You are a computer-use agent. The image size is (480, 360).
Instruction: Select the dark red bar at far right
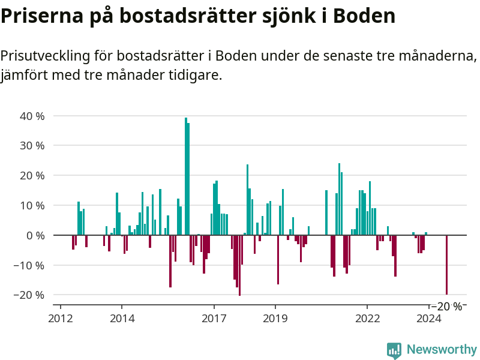point(446,265)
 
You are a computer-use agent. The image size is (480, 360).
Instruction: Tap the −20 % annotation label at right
point(446,306)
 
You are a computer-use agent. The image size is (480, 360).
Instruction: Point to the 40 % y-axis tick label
point(32,116)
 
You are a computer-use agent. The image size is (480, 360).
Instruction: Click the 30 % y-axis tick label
point(32,146)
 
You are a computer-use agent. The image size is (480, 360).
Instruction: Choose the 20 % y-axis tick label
point(32,176)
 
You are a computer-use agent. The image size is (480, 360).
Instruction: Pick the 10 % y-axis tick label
point(32,205)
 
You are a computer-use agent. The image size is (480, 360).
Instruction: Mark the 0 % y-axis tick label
point(35,235)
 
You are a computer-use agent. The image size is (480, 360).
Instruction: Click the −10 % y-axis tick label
point(28,265)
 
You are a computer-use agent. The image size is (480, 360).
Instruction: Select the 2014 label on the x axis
point(122,318)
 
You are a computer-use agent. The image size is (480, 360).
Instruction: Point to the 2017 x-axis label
point(214,318)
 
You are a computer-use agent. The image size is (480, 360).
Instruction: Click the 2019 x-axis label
point(275,318)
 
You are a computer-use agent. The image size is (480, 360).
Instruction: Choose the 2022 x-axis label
point(368,318)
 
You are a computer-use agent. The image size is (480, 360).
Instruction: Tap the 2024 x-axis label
point(429,318)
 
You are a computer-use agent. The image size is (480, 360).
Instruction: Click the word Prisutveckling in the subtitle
point(44,56)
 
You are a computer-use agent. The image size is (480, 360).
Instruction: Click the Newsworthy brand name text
point(442,349)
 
